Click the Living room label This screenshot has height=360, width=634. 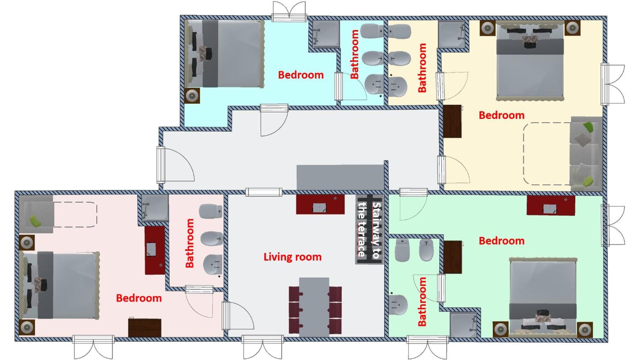pos(292,257)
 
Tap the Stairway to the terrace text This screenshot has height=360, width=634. pos(369,230)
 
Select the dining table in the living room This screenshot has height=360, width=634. pos(314,307)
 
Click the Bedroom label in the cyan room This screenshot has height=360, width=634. pos(301,75)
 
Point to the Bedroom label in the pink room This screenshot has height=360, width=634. pos(139,298)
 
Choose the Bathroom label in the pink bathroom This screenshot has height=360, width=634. pos(189,243)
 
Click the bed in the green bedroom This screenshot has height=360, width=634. pos(543,297)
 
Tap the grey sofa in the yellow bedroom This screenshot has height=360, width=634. pos(586,154)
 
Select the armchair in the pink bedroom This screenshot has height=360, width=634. pos(36,214)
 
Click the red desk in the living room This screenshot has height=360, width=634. pos(320,204)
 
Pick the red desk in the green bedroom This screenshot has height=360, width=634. pos(551,205)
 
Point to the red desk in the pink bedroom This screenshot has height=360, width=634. pos(155,250)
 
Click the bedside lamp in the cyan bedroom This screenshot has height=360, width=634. pos(192,96)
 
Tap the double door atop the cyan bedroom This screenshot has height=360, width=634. pos(289,12)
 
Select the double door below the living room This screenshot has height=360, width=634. pos(262,347)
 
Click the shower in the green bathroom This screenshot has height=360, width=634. pos(463,325)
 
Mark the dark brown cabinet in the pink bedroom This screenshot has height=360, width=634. pos(145,327)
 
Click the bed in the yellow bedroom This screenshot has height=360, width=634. pos(530,60)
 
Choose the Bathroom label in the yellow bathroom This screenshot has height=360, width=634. pos(422,68)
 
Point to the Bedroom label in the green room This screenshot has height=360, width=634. pos(502,241)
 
